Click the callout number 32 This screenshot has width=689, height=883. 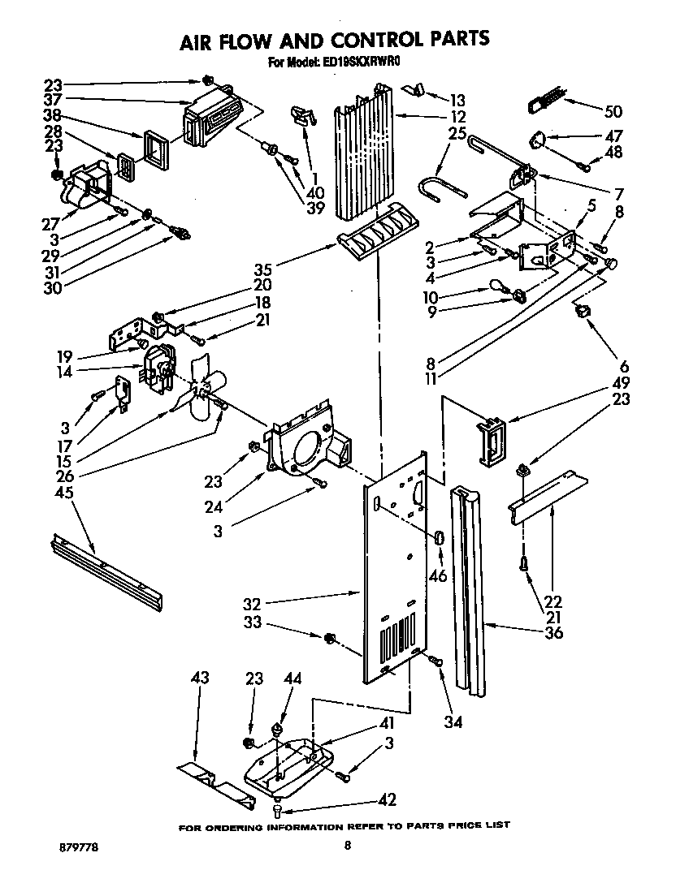(x=255, y=603)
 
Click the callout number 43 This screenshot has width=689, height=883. (x=200, y=678)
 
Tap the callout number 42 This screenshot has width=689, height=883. (x=387, y=800)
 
